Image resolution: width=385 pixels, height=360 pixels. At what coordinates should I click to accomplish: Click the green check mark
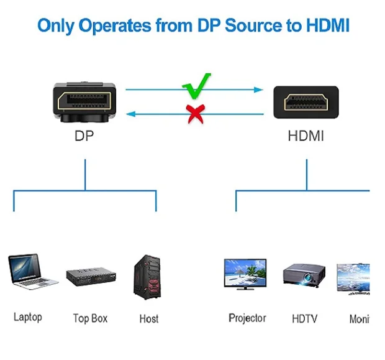(x=197, y=85)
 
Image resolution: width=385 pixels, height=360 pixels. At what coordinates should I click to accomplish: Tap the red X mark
(x=196, y=114)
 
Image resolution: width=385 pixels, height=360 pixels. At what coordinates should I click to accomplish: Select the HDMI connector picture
(x=306, y=102)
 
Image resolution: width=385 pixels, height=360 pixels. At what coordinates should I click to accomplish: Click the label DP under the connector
(x=84, y=136)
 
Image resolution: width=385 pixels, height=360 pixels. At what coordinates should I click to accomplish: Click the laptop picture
(x=32, y=272)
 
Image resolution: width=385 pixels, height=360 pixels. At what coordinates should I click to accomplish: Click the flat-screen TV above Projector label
(x=247, y=273)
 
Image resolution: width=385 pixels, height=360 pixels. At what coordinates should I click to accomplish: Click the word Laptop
(x=28, y=317)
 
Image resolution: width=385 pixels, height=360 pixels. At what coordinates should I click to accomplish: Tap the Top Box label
(x=90, y=318)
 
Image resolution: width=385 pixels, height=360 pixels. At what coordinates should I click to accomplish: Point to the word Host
(x=148, y=318)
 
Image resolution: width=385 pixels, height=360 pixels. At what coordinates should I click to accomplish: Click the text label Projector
(x=247, y=318)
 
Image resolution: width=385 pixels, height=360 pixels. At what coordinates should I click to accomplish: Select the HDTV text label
(x=304, y=318)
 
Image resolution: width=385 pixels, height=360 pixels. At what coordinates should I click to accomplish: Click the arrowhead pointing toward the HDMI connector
(x=259, y=90)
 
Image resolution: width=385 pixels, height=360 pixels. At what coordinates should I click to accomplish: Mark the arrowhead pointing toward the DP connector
(x=130, y=113)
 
